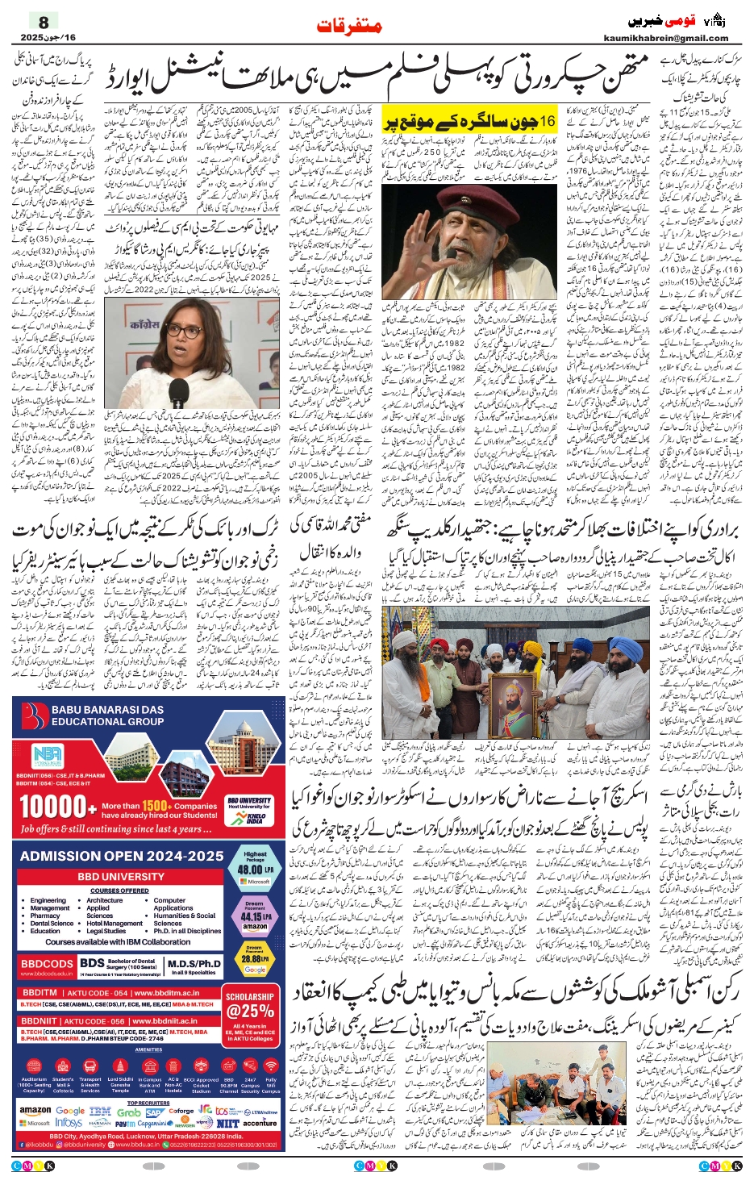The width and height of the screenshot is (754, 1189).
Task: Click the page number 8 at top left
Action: pyautogui.click(x=43, y=23)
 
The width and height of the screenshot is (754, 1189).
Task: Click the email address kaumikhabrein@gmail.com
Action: pyautogui.click(x=665, y=38)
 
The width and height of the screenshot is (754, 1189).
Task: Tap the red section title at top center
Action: pyautogui.click(x=349, y=27)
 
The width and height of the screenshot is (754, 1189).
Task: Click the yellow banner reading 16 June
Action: pyautogui.click(x=469, y=122)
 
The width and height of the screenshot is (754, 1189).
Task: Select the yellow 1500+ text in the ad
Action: pyautogui.click(x=155, y=805)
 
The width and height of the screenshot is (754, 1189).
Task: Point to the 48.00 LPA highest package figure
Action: pyautogui.click(x=255, y=870)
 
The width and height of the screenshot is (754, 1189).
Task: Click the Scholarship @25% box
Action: pyautogui.click(x=250, y=1006)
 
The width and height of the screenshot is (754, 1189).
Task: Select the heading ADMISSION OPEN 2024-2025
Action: pyautogui.click(x=122, y=856)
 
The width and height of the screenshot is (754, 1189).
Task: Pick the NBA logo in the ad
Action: pyautogui.click(x=47, y=756)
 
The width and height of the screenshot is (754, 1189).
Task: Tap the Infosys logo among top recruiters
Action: pyautogui.click(x=69, y=1122)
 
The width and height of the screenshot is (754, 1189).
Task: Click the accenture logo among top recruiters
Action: pyautogui.click(x=260, y=1122)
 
